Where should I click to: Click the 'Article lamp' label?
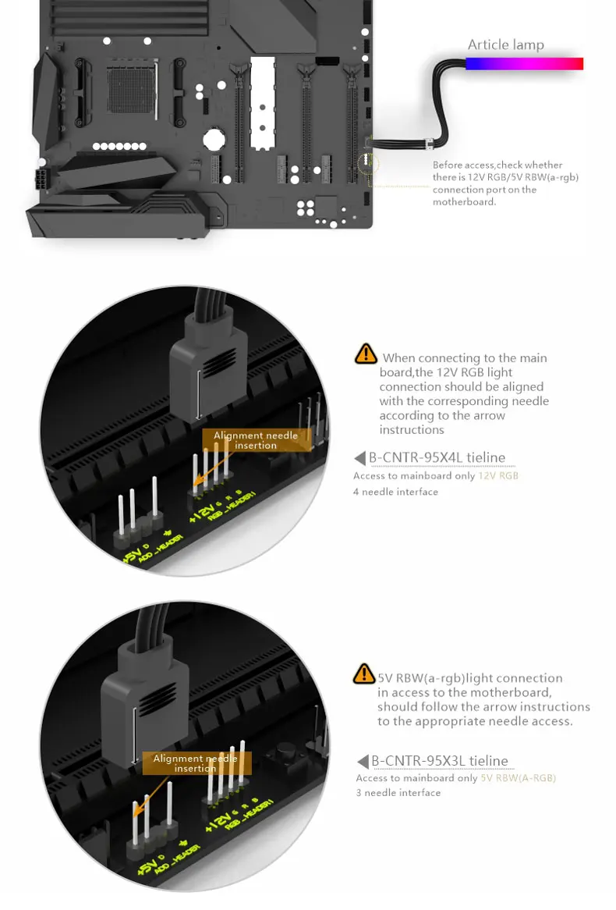coord(505,44)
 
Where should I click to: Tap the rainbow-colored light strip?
coord(524,64)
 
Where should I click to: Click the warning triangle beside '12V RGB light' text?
coord(365,354)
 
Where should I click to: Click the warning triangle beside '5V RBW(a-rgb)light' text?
coord(364,674)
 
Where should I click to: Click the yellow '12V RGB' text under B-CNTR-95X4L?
coord(498,475)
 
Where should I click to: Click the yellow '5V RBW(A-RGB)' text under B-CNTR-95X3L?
coord(518,778)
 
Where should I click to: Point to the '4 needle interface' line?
coord(395,492)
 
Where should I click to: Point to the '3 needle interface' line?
coord(398,793)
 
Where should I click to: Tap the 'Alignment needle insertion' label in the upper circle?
coord(256,440)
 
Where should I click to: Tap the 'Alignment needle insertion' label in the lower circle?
coord(195,763)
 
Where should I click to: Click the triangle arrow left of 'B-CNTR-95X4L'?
coord(359,458)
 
